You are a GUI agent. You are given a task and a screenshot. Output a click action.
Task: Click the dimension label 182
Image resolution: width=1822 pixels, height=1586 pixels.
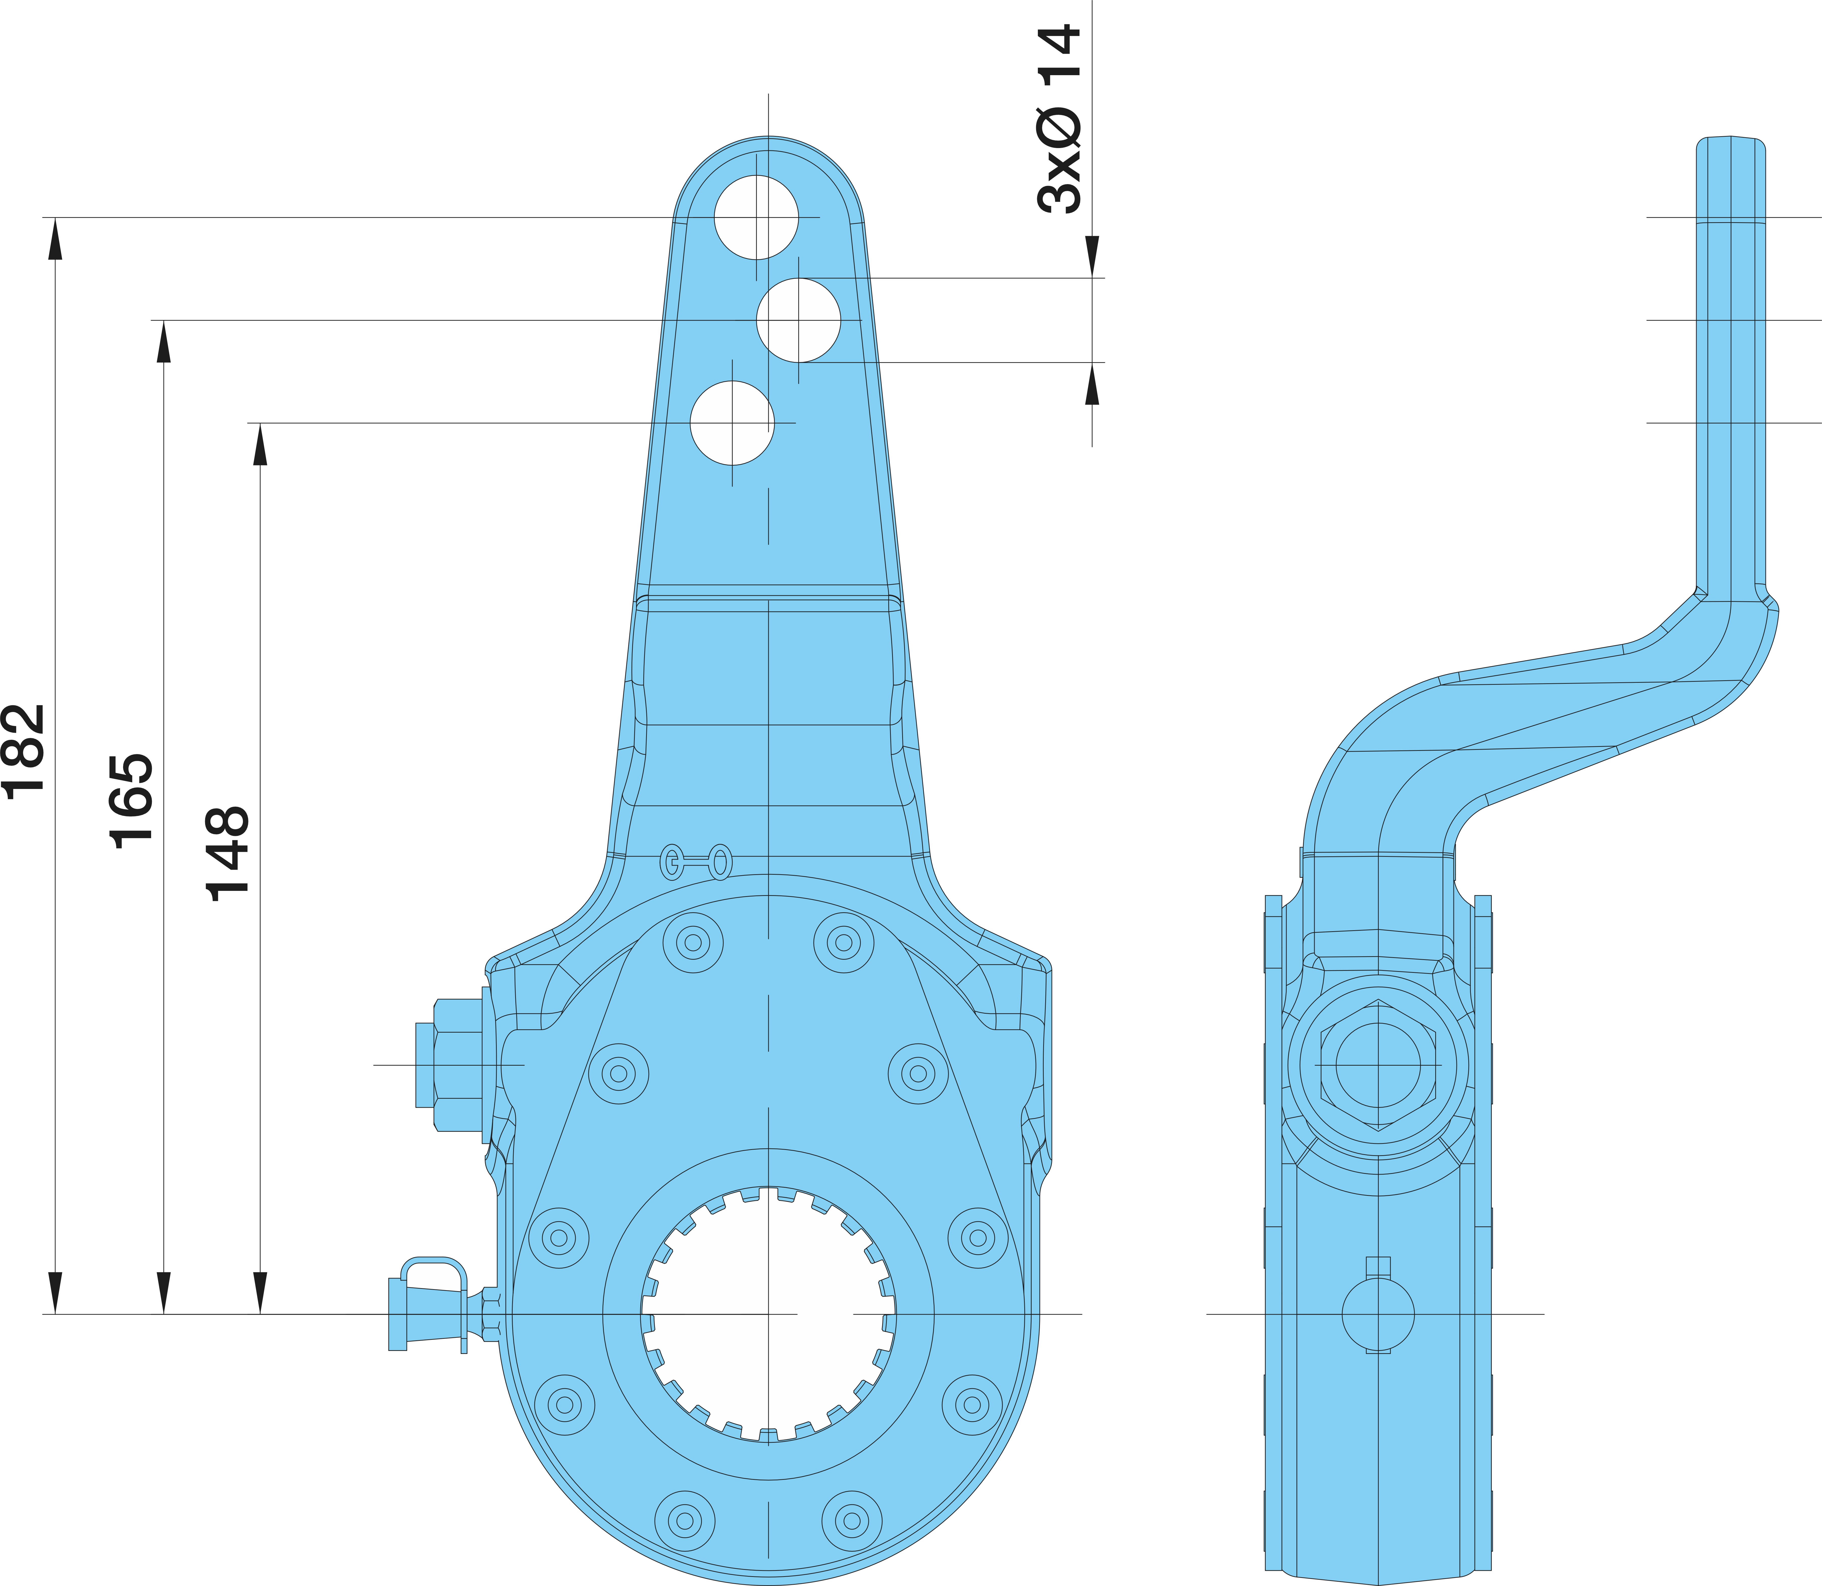pyautogui.click(x=24, y=751)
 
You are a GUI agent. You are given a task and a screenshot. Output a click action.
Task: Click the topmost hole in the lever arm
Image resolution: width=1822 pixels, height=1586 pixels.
pyautogui.click(x=757, y=217)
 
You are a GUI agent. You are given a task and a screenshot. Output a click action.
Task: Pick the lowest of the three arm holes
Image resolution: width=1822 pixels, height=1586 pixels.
pyautogui.click(x=732, y=423)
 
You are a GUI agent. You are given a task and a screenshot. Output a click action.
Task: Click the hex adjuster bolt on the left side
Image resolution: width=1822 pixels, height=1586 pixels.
pyautogui.click(x=452, y=1065)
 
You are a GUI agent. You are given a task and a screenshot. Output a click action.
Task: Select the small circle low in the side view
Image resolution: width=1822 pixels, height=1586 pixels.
pyautogui.click(x=1378, y=1314)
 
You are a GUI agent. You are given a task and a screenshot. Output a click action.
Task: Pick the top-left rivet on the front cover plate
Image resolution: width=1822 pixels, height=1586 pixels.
pyautogui.click(x=693, y=943)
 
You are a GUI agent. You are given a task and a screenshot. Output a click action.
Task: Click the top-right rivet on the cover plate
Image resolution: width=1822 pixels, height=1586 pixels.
pyautogui.click(x=844, y=943)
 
